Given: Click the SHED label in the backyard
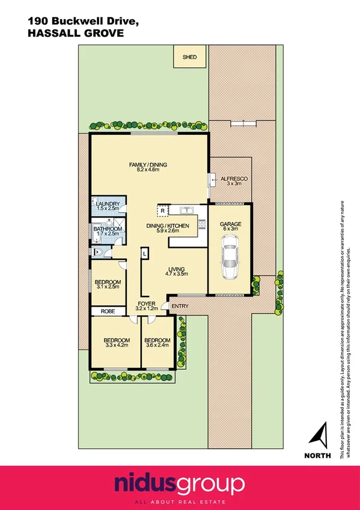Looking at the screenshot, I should coord(189,58).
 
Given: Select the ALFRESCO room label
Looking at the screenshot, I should coord(234,179).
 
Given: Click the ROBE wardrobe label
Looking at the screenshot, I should coord(108,312).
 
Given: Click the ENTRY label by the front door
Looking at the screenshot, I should coord(180,306).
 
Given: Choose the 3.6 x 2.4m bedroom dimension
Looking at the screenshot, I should coord(157,345).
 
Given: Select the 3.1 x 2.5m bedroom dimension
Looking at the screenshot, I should coord(108,287).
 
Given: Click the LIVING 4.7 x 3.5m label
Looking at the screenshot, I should coord(176,271).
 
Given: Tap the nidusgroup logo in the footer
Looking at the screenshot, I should coord(180,484).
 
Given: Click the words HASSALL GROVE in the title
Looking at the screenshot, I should coord(76,34).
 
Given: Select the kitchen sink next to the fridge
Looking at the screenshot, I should coord(185,210).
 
